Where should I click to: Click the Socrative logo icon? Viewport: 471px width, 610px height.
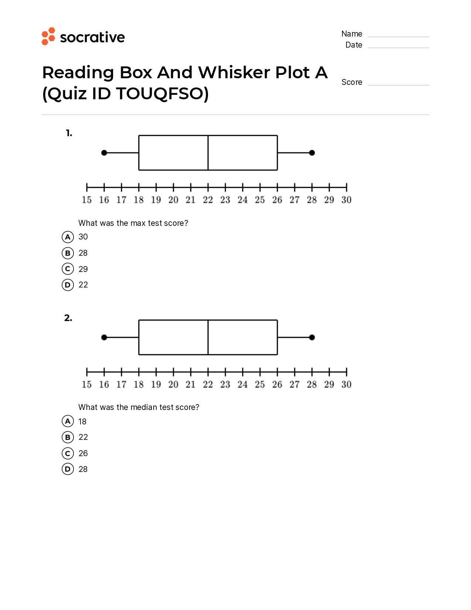[x=48, y=36]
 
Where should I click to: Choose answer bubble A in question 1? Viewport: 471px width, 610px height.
[x=68, y=237]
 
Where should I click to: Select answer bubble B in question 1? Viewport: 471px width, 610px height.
[x=68, y=253]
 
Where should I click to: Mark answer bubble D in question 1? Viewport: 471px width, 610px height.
[x=68, y=285]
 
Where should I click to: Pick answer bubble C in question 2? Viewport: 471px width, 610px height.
[x=68, y=454]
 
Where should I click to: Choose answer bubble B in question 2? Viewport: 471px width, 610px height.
[x=68, y=437]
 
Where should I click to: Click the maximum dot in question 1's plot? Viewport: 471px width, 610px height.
[x=312, y=153]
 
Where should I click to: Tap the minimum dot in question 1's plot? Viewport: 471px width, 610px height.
[x=104, y=153]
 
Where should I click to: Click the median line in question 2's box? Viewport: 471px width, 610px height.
[x=208, y=337]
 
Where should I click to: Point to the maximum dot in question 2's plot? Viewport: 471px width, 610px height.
[x=312, y=337]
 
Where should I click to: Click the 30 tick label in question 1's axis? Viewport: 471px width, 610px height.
[x=346, y=200]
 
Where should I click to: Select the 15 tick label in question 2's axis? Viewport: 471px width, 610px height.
[x=86, y=385]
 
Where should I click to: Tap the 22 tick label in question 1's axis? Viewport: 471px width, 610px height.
[x=208, y=200]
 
